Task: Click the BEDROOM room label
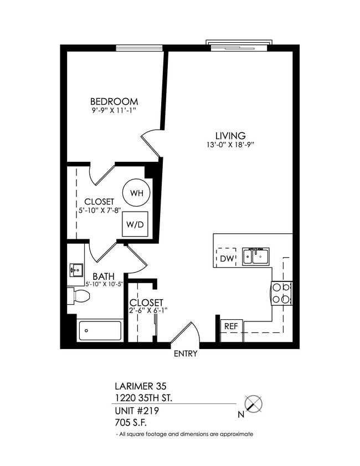(x=114, y=102)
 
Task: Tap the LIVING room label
(x=230, y=136)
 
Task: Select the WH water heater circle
(x=136, y=193)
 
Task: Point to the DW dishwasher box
(x=226, y=258)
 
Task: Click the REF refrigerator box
(x=230, y=326)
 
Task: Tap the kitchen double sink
(x=256, y=257)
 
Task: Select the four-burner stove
(x=281, y=293)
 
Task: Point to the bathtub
(x=100, y=330)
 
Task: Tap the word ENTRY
(x=186, y=354)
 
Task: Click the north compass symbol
(x=254, y=404)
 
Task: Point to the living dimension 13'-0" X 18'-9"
(x=230, y=145)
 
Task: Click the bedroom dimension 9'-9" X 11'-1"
(x=114, y=111)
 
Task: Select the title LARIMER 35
(x=140, y=386)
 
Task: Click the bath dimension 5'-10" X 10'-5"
(x=103, y=285)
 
